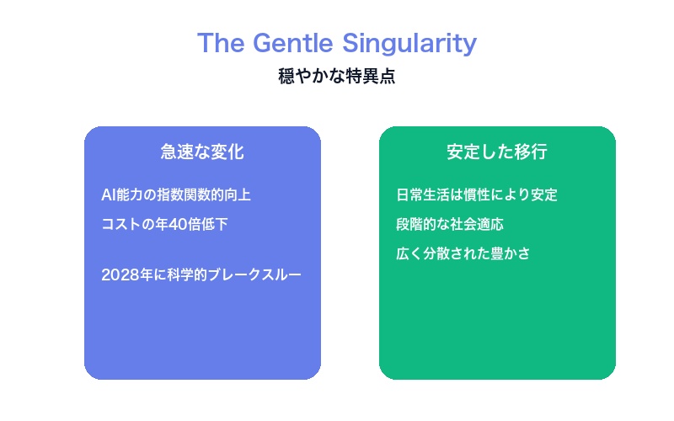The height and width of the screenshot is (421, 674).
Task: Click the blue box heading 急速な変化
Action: [202, 152]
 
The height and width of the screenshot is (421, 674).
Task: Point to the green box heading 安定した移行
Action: [497, 152]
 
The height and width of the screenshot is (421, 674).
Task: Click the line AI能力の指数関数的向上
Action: [176, 195]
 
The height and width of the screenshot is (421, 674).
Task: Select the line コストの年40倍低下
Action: [164, 224]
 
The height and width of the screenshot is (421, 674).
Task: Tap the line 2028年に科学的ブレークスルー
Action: [201, 274]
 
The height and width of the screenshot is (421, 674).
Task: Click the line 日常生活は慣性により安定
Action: [477, 195]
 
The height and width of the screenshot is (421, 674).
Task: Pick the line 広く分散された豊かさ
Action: [463, 253]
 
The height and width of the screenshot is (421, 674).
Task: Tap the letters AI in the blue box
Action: [107, 195]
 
